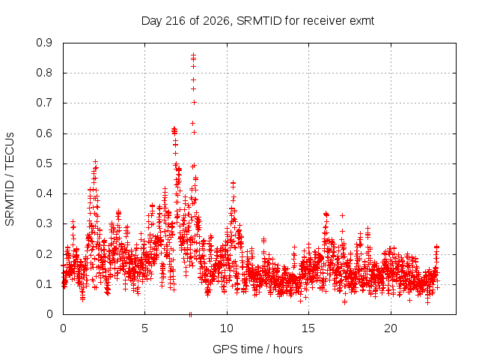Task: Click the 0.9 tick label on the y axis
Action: pos(44,43)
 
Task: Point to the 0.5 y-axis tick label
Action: pos(44,163)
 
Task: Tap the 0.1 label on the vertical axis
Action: pos(44,284)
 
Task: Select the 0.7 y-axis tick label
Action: pos(44,103)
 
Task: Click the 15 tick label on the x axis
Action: pos(308,328)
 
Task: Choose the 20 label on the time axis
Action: pos(391,328)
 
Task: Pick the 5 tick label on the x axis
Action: pos(144,328)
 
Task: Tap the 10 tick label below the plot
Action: pos(227,328)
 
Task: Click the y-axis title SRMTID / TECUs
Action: pos(10,179)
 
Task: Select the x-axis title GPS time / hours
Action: pos(257,349)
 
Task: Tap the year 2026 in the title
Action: pos(216,21)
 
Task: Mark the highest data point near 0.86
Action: pos(193,55)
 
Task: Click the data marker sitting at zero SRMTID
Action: pos(190,314)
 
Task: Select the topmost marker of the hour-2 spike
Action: pos(95,162)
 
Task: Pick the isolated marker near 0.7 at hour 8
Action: pos(194,103)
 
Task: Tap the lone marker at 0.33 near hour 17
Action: pos(343,215)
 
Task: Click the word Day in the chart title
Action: pos(152,21)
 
